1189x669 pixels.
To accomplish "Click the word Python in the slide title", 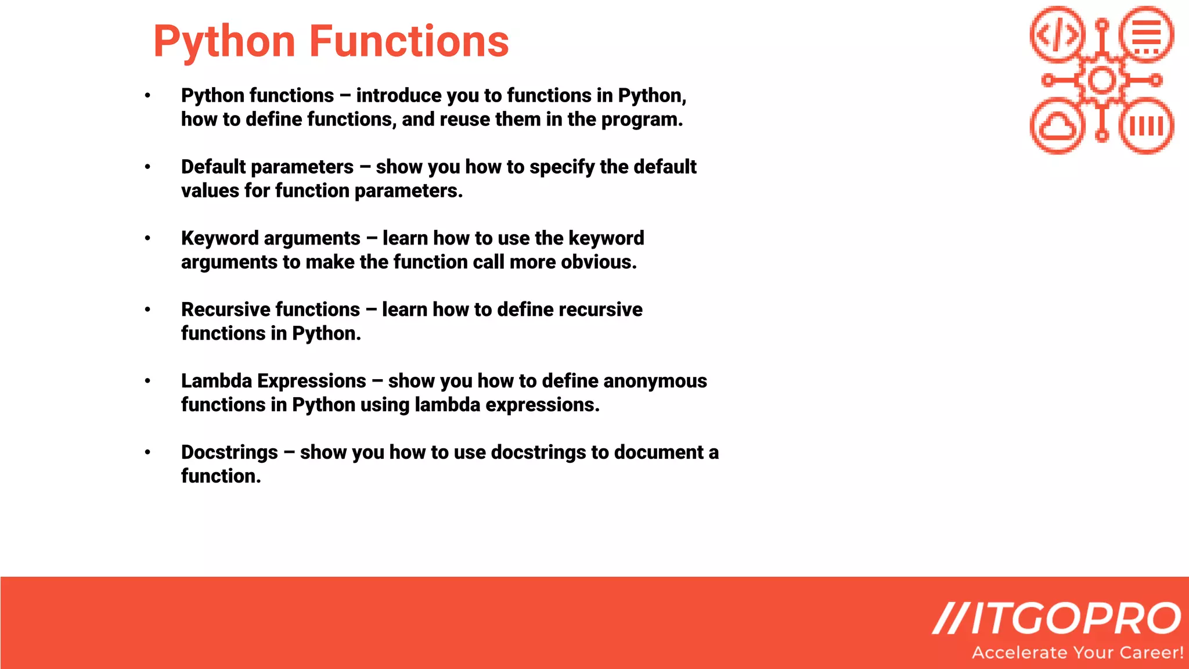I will click(224, 42).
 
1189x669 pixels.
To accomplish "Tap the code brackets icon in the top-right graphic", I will click(1057, 34).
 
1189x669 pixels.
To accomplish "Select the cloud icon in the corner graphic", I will click(1057, 126).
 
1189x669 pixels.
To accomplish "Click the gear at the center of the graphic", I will click(1101, 80).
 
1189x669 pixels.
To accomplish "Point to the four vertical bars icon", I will click(1146, 126).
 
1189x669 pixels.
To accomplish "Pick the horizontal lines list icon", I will click(1146, 34).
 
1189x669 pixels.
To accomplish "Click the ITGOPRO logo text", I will click(1057, 618).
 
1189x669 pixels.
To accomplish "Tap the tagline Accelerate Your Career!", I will click(1078, 653).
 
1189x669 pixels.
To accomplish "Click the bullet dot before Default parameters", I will click(147, 167).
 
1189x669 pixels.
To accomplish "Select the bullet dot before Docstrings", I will click(147, 452).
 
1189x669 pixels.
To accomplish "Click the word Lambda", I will click(216, 381).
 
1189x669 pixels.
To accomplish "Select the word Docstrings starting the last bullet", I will click(229, 452).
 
